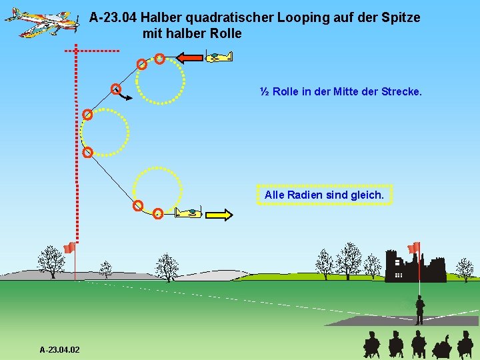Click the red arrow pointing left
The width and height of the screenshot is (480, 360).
coord(190,57)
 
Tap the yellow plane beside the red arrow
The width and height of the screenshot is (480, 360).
coord(219,57)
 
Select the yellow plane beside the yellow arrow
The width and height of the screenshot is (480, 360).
coord(189,213)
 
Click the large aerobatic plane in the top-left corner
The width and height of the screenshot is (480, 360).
coord(40,21)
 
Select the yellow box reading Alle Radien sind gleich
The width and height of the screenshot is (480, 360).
coord(324,195)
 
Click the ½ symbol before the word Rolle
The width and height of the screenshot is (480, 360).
coord(265,91)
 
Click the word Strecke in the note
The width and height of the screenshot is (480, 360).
coord(401,91)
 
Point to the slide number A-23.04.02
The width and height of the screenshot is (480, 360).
coord(59,349)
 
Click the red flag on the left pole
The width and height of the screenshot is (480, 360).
coord(68,248)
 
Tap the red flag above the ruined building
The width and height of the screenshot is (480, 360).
coord(413,247)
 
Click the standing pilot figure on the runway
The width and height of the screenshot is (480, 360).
coord(419,310)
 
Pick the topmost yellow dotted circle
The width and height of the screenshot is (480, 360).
coord(160,79)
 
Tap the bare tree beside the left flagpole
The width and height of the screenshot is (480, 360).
coord(50,261)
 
